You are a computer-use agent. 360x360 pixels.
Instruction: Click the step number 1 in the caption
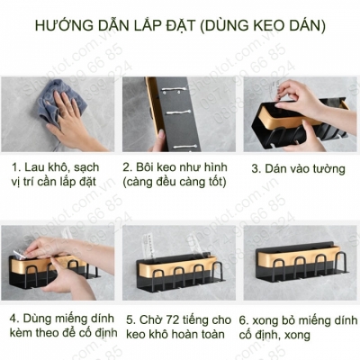click(15, 167)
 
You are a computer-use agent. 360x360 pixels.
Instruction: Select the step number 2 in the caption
click(129, 167)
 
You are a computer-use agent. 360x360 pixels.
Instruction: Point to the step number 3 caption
click(256, 167)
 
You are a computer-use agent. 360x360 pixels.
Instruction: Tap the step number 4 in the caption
click(15, 318)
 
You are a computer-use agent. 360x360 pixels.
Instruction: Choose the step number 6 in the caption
click(244, 318)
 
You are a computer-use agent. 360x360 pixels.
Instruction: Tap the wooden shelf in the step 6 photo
click(297, 262)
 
